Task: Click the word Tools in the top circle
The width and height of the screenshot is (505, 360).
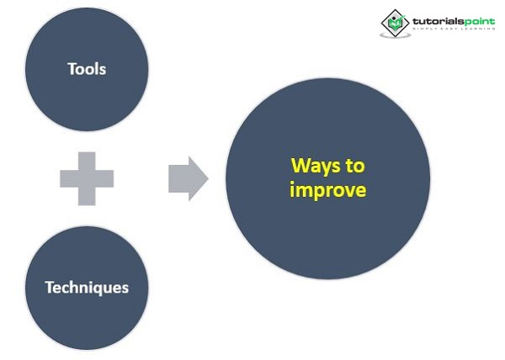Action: tap(87, 68)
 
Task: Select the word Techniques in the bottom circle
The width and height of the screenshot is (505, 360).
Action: tap(87, 287)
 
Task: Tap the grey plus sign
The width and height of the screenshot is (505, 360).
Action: tap(87, 177)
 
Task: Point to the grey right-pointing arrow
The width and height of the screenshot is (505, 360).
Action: tap(187, 177)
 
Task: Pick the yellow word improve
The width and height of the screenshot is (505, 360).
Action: tap(327, 190)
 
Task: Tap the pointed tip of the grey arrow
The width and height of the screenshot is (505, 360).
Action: tap(206, 177)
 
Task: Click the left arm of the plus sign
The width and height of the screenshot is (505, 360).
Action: tap(67, 177)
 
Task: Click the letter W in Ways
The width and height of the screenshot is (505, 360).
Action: tap(299, 167)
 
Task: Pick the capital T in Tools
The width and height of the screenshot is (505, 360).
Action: tap(72, 68)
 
